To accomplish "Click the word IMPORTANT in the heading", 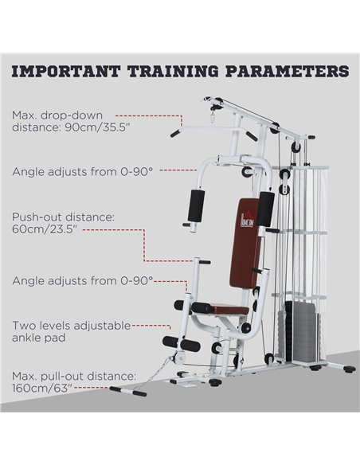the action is coord(65,72).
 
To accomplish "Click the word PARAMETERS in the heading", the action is coord(287,72).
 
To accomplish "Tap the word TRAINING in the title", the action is coord(173,72).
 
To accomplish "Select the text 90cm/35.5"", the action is coord(97,127).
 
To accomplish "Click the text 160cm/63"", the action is coord(41,388).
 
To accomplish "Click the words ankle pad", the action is coord(38,338).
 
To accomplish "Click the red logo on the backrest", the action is coord(247,221).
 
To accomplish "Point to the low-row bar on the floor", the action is coord(128,391).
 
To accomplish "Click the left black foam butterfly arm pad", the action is coord(196,205).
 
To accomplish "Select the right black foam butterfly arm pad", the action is coord(266,209).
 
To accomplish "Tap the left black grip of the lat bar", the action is coord(175,134).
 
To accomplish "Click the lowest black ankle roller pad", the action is coord(181,343).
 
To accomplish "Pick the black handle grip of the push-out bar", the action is coord(205,262).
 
